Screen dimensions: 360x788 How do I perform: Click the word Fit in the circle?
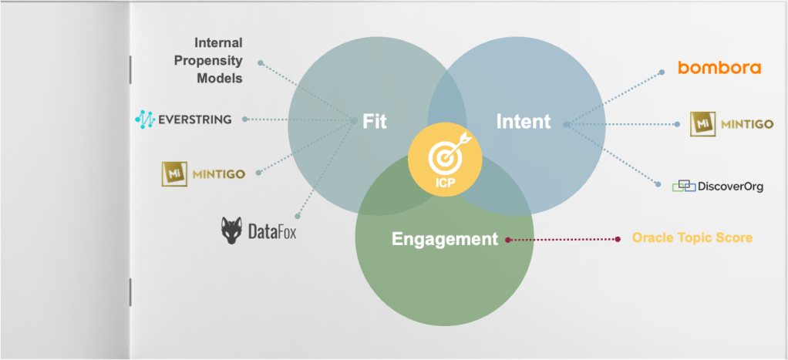point(374,122)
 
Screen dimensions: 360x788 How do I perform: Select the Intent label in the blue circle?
point(524,122)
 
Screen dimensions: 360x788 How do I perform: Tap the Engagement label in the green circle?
point(445,239)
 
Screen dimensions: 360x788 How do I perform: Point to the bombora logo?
point(719,68)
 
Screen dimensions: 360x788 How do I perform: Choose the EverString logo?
point(183,119)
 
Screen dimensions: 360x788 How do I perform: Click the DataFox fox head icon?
point(232,230)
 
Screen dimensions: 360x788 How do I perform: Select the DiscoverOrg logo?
point(717,186)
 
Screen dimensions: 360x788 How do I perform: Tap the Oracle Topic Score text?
point(692,237)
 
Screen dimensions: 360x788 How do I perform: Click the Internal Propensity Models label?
point(218,60)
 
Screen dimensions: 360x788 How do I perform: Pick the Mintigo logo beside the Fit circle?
point(203,173)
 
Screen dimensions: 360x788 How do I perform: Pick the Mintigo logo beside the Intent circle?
point(732,123)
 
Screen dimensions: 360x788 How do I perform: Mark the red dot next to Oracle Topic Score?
point(618,239)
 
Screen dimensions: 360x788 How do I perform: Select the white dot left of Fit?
point(354,119)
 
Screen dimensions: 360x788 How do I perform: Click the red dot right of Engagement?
point(507,240)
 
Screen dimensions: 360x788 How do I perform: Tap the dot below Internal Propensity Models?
point(261,62)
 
